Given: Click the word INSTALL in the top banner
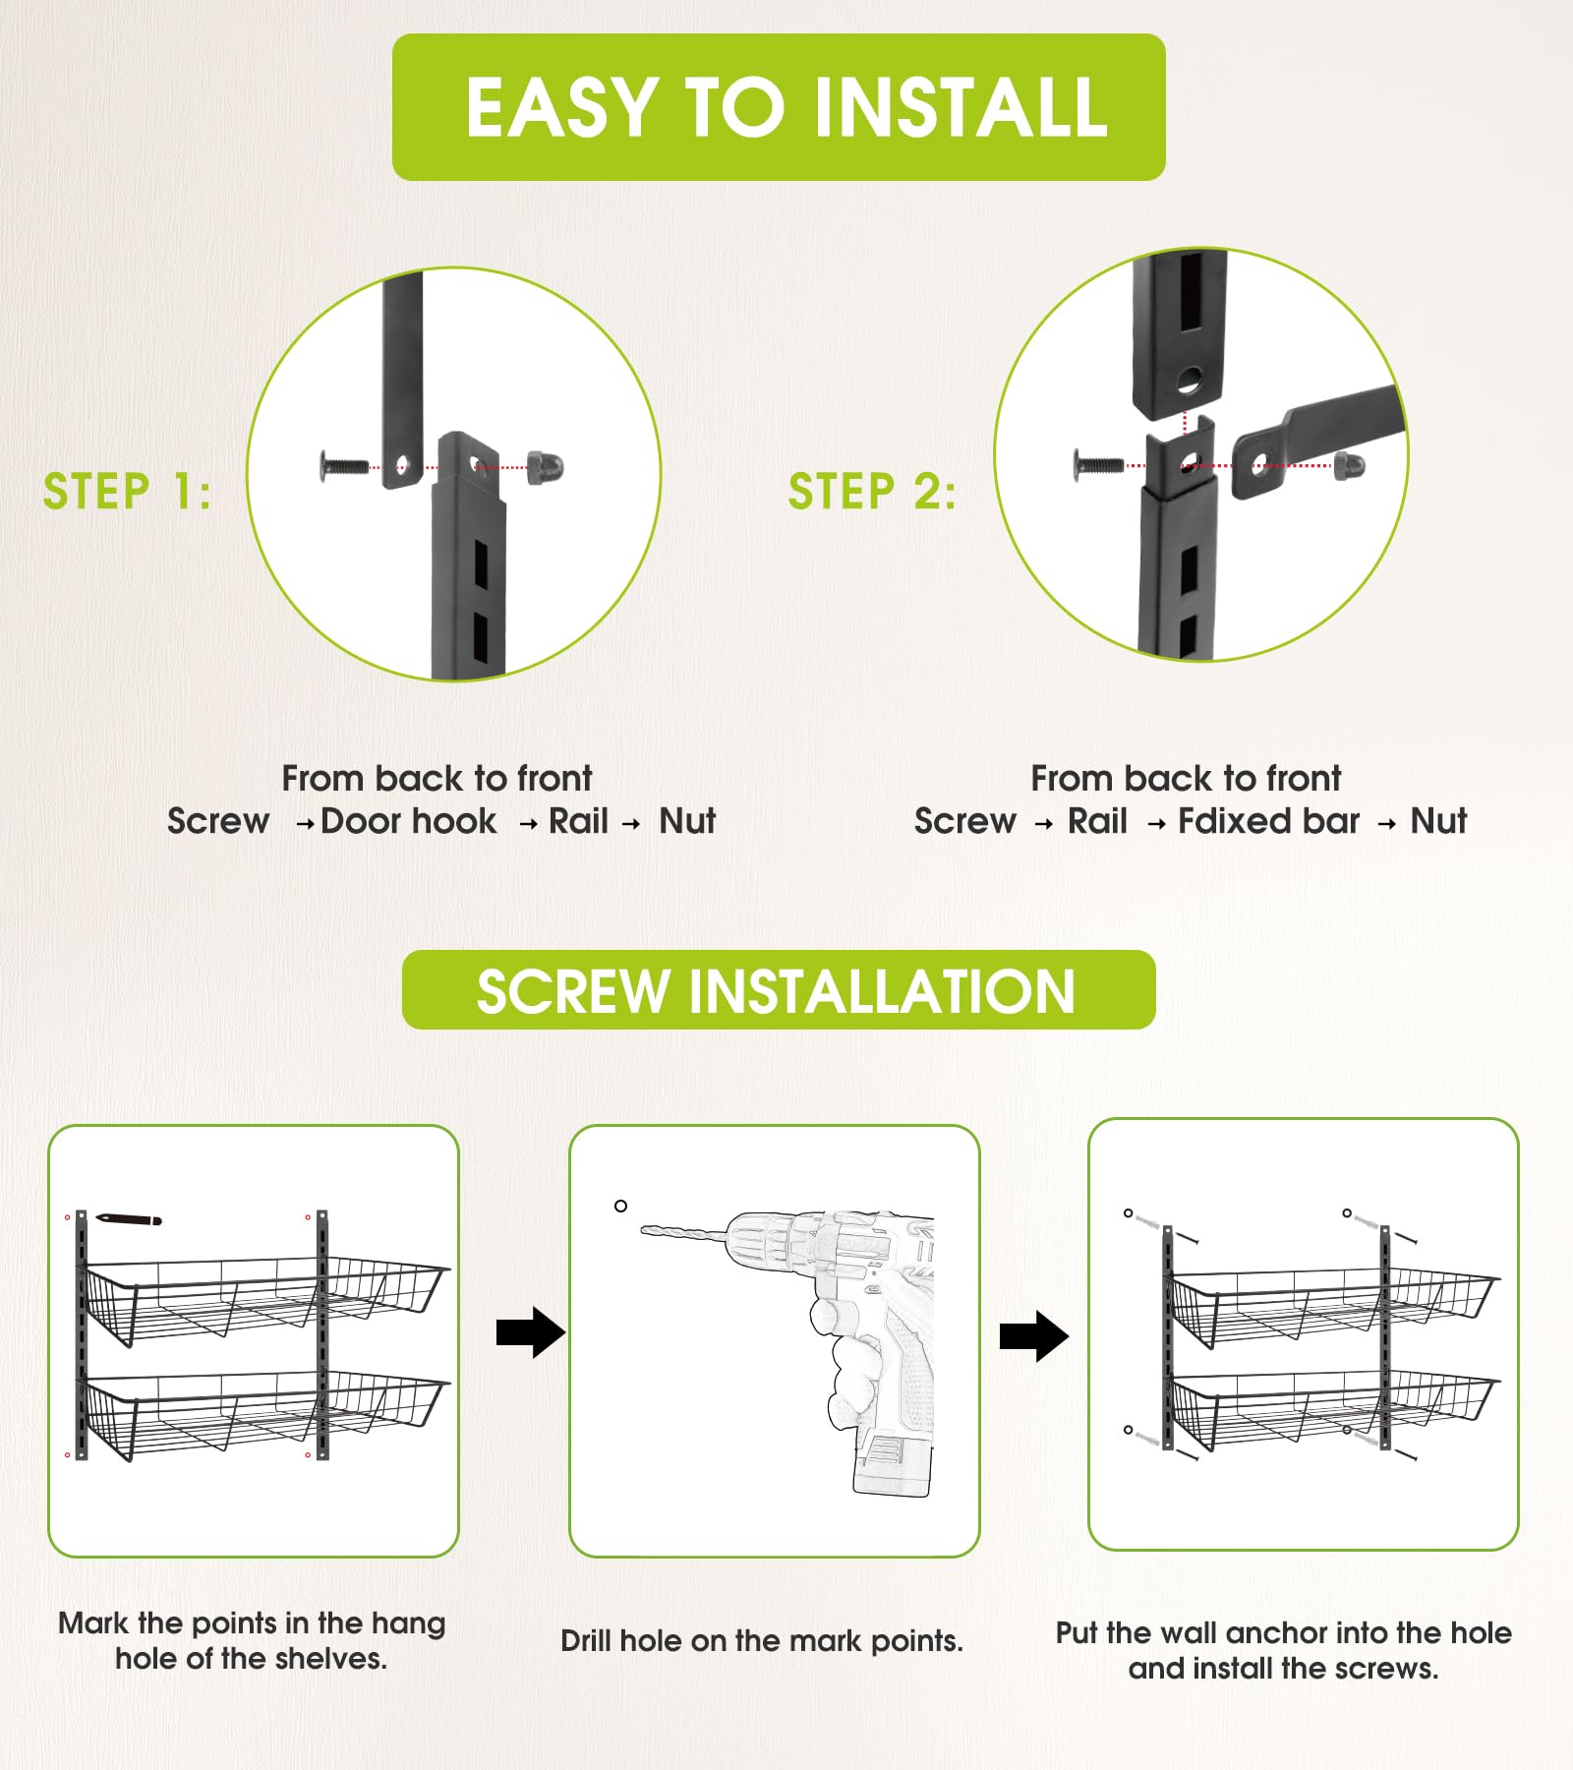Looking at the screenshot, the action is tap(961, 107).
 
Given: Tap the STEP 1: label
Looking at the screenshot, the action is tap(127, 492).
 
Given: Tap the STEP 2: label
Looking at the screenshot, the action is tap(872, 492).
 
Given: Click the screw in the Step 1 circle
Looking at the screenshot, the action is tap(344, 465).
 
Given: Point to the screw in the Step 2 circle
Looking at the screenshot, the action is tap(1098, 462).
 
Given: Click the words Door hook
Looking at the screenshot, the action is tap(409, 821).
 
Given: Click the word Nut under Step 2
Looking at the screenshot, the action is tap(1438, 821).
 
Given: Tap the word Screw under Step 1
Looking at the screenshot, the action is tap(218, 821).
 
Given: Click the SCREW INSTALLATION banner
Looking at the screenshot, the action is tap(779, 990).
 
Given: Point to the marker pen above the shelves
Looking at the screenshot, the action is tap(129, 1220).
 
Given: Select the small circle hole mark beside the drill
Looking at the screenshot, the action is tap(620, 1206).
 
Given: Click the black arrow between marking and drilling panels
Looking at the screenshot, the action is tap(531, 1332).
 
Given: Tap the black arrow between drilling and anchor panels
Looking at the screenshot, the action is tap(1034, 1336).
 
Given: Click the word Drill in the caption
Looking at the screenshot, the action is tap(586, 1641).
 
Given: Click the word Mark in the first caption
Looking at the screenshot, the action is tap(93, 1623).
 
